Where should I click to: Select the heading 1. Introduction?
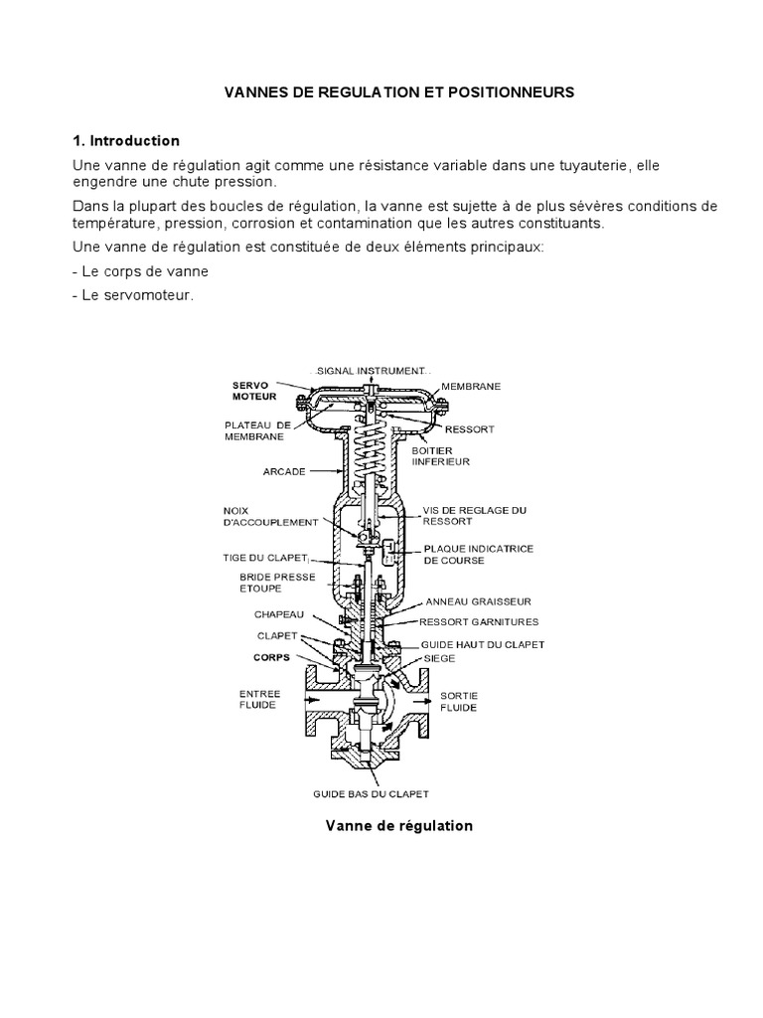(125, 141)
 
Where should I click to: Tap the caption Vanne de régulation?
(399, 825)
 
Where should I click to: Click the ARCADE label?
(283, 471)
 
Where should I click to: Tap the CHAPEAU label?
(277, 613)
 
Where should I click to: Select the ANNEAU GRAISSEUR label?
(478, 601)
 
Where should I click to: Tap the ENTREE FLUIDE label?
(260, 699)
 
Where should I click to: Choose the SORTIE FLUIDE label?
(458, 700)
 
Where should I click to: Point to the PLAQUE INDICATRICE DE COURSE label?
(468, 554)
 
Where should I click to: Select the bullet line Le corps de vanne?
(140, 270)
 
